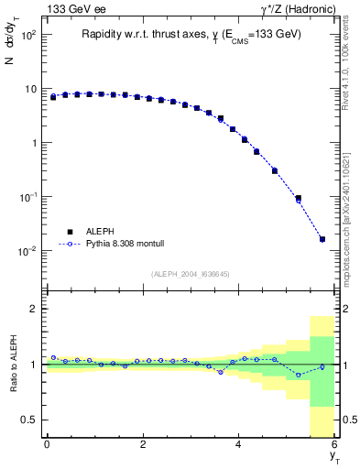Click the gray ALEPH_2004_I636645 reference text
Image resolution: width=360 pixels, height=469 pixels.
[191, 274]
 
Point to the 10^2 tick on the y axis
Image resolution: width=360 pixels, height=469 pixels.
[28, 36]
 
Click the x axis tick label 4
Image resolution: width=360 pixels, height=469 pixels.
[238, 444]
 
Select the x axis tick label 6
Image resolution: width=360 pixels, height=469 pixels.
[334, 444]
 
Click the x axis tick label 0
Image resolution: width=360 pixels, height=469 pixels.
[47, 444]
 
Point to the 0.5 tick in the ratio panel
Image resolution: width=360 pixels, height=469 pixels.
[30, 420]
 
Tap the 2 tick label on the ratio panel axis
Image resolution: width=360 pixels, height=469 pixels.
[34, 309]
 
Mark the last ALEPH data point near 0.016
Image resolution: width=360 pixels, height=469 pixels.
[322, 239]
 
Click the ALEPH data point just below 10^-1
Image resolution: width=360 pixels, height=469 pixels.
[298, 198]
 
